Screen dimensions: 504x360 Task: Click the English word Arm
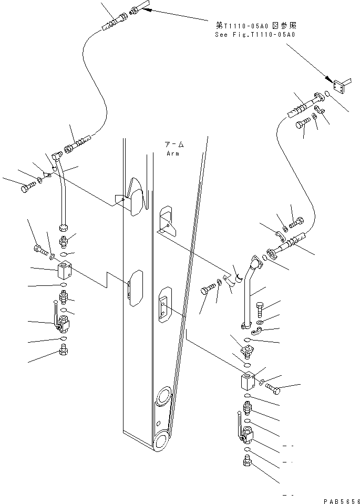click(172, 153)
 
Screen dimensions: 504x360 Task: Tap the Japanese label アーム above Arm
click(173, 144)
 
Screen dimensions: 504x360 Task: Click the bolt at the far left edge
click(26, 187)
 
